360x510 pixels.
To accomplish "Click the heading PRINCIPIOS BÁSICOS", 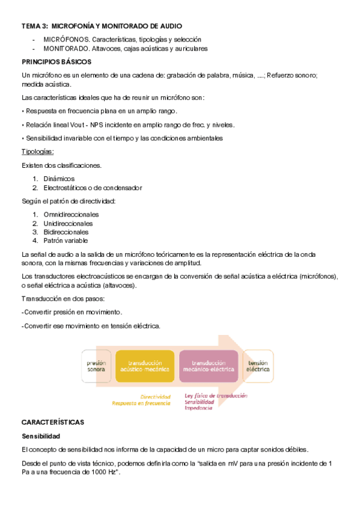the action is pos(56,62).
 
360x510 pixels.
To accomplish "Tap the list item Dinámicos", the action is pos(59,178).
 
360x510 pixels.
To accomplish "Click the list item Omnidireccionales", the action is pos(71,214).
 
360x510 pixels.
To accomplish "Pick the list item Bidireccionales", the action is pos(66,232).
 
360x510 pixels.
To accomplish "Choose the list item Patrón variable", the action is pos(66,241).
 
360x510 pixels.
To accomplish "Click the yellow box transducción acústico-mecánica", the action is pos(145,366).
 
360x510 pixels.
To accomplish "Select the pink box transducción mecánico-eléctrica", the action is pos(209,366).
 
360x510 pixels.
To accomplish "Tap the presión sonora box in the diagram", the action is pos(96,366).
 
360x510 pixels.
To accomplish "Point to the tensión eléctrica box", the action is pos(258,366).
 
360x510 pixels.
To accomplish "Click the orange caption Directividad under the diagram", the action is pos(155,396).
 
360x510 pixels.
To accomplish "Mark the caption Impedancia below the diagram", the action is pos(198,408).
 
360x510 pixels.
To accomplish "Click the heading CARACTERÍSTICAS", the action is pos(53,422).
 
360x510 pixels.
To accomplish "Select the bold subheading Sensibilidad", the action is pos(41,435).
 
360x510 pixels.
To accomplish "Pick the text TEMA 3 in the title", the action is pos(35,26).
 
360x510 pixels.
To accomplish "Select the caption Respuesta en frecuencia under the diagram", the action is pos(141,403).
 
